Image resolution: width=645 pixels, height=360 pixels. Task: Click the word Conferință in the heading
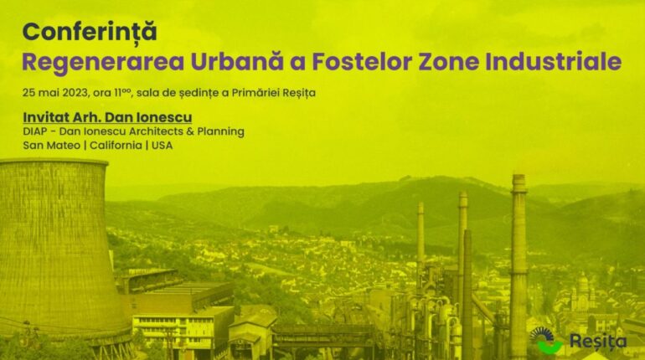90,32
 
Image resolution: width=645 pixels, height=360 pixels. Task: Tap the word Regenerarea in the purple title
103,62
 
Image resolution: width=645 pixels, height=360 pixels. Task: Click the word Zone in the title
449,62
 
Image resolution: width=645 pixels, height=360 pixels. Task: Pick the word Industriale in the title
553,62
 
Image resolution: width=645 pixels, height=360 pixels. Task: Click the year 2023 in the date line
75,93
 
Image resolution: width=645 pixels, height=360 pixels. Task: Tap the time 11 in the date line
118,93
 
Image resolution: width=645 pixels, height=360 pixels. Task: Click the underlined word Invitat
46,117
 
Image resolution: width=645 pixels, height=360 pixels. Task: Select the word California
116,146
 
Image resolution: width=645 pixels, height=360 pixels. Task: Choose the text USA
162,146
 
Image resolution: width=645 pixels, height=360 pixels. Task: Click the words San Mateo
51,146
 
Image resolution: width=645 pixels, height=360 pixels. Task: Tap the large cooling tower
58,247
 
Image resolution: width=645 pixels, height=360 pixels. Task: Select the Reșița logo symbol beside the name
546,340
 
